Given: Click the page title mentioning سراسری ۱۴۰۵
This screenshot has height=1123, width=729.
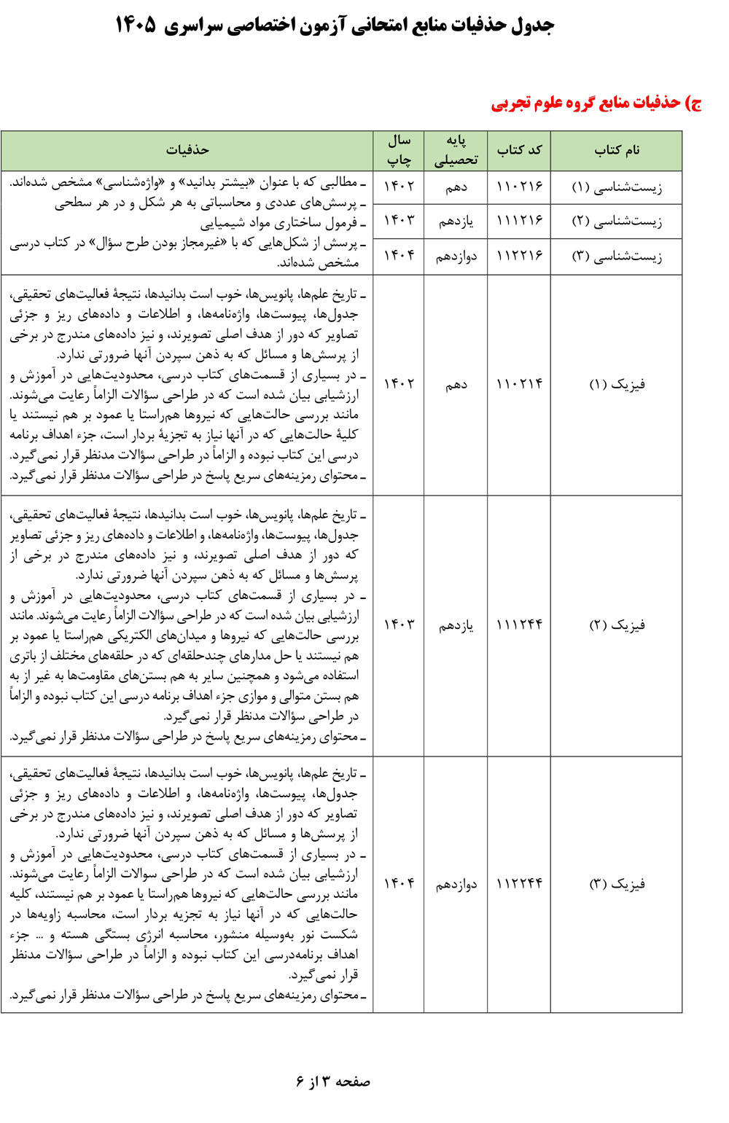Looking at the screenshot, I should coord(335,26).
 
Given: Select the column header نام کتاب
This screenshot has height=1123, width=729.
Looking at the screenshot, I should coord(616,150).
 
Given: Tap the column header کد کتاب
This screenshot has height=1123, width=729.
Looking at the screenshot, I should coord(519,150).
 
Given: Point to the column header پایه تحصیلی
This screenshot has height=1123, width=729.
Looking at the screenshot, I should coord(456,151).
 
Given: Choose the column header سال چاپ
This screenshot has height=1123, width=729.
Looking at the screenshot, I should coord(399,150).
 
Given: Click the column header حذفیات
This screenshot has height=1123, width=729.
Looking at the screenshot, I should coord(187,150).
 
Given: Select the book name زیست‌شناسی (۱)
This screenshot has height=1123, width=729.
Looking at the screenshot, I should coord(616,187).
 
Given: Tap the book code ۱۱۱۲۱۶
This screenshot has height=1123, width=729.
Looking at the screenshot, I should coord(519,222).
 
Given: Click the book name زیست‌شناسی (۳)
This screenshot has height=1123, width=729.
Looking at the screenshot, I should coord(616,257).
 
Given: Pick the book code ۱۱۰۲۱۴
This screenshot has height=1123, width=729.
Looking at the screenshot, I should coord(519,384).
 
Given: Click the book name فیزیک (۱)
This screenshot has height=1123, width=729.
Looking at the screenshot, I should coord(617,384).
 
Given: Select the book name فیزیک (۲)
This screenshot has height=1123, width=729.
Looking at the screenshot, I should coord(617,625).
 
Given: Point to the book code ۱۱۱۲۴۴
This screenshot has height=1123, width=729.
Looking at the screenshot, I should coord(519,625).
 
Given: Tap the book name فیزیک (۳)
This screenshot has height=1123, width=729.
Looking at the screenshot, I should coord(617,884).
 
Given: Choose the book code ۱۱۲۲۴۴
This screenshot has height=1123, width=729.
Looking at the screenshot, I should coord(519,884).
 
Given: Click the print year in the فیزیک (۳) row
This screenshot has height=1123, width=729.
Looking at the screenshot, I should coord(399,884).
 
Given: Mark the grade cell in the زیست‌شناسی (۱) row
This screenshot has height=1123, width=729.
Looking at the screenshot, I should coord(456,187).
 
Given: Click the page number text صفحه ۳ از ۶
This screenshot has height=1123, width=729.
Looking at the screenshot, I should coord(333,1081).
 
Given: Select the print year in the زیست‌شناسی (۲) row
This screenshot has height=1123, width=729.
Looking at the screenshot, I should coord(399,222).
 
